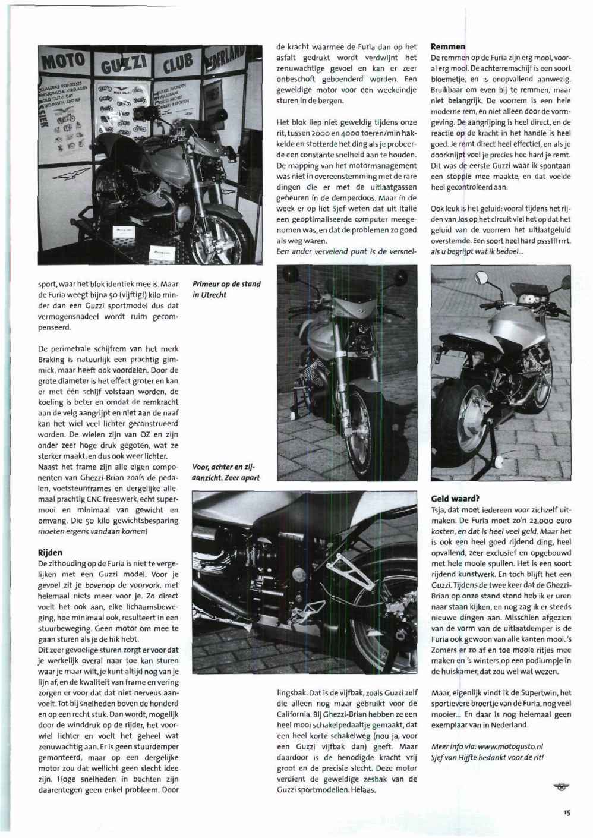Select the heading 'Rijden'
[x=50, y=553]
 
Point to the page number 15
[x=567, y=814]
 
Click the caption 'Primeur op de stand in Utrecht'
[x=226, y=289]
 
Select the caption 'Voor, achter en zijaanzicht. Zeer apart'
[x=226, y=472]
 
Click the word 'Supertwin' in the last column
[x=541, y=692]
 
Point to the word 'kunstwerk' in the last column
[x=476, y=574]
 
